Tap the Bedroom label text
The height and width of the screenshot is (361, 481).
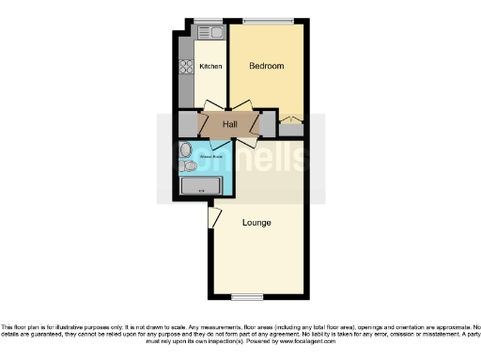(x=266, y=67)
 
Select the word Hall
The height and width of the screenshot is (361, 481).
(x=229, y=124)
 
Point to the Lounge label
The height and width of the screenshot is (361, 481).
(x=256, y=223)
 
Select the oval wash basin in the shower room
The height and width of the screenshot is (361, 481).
(x=185, y=150)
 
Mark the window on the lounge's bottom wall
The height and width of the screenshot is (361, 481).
(x=246, y=297)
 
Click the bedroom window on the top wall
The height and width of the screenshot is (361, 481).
(x=268, y=21)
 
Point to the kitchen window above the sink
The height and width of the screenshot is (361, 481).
(x=208, y=21)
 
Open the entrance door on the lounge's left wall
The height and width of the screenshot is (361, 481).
(x=215, y=217)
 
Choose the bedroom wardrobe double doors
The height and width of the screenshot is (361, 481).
(x=290, y=119)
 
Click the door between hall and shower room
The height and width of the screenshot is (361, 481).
(x=222, y=142)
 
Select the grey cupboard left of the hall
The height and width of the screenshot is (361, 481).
(x=188, y=124)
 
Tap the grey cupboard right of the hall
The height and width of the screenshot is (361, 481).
(x=269, y=124)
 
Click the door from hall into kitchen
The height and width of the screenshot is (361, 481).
(x=216, y=105)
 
